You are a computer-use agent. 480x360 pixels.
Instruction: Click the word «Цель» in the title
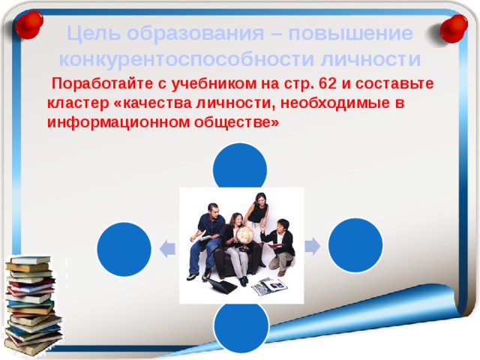click(93, 34)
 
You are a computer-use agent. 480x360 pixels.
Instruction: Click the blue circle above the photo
click(240, 167)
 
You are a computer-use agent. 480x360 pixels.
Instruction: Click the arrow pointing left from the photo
click(168, 247)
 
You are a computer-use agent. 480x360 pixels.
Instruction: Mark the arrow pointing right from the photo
click(312, 245)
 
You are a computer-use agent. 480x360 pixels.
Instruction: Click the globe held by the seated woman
click(244, 234)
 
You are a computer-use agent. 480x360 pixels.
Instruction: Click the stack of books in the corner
click(31, 304)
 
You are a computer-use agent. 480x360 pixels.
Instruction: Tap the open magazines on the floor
click(268, 286)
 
